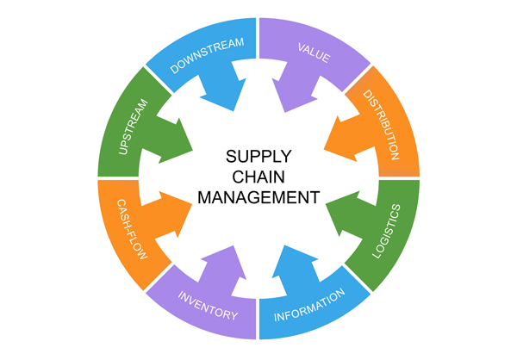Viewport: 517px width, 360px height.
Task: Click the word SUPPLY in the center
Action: pyautogui.click(x=258, y=157)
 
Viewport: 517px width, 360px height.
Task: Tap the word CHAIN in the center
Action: pyautogui.click(x=258, y=177)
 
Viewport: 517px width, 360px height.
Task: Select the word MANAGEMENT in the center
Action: pyautogui.click(x=258, y=197)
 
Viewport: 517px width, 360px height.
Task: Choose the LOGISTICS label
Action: pyautogui.click(x=385, y=232)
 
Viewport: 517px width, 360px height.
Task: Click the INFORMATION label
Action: pyautogui.click(x=310, y=307)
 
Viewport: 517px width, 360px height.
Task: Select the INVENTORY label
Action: pyautogui.click(x=207, y=306)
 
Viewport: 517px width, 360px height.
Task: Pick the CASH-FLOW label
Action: pyautogui.click(x=132, y=228)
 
